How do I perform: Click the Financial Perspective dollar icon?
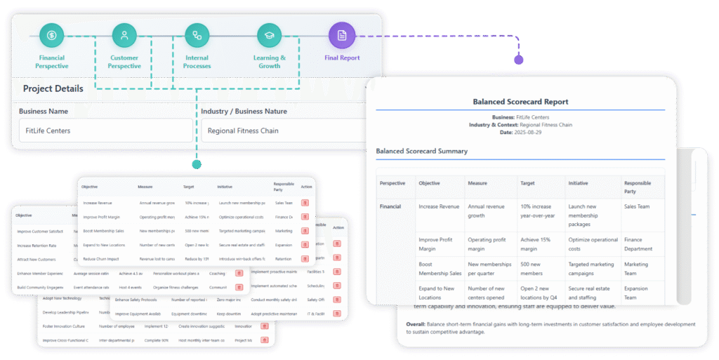coord(52,35)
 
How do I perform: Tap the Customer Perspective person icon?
coord(124,35)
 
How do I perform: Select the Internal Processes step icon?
coord(197,35)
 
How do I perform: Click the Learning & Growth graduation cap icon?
coord(269,35)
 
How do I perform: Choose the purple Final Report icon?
coord(341,35)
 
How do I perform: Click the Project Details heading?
coord(53,88)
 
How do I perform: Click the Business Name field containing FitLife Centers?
coord(105,131)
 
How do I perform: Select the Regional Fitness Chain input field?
coord(281,131)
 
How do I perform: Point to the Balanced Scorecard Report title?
coord(520,102)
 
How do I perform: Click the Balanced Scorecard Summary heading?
coord(421,151)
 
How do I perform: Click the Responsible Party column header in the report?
coord(638,187)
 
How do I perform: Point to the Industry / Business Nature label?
coord(244,111)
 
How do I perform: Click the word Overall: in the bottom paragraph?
coord(420,324)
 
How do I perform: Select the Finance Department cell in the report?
coord(638,244)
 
